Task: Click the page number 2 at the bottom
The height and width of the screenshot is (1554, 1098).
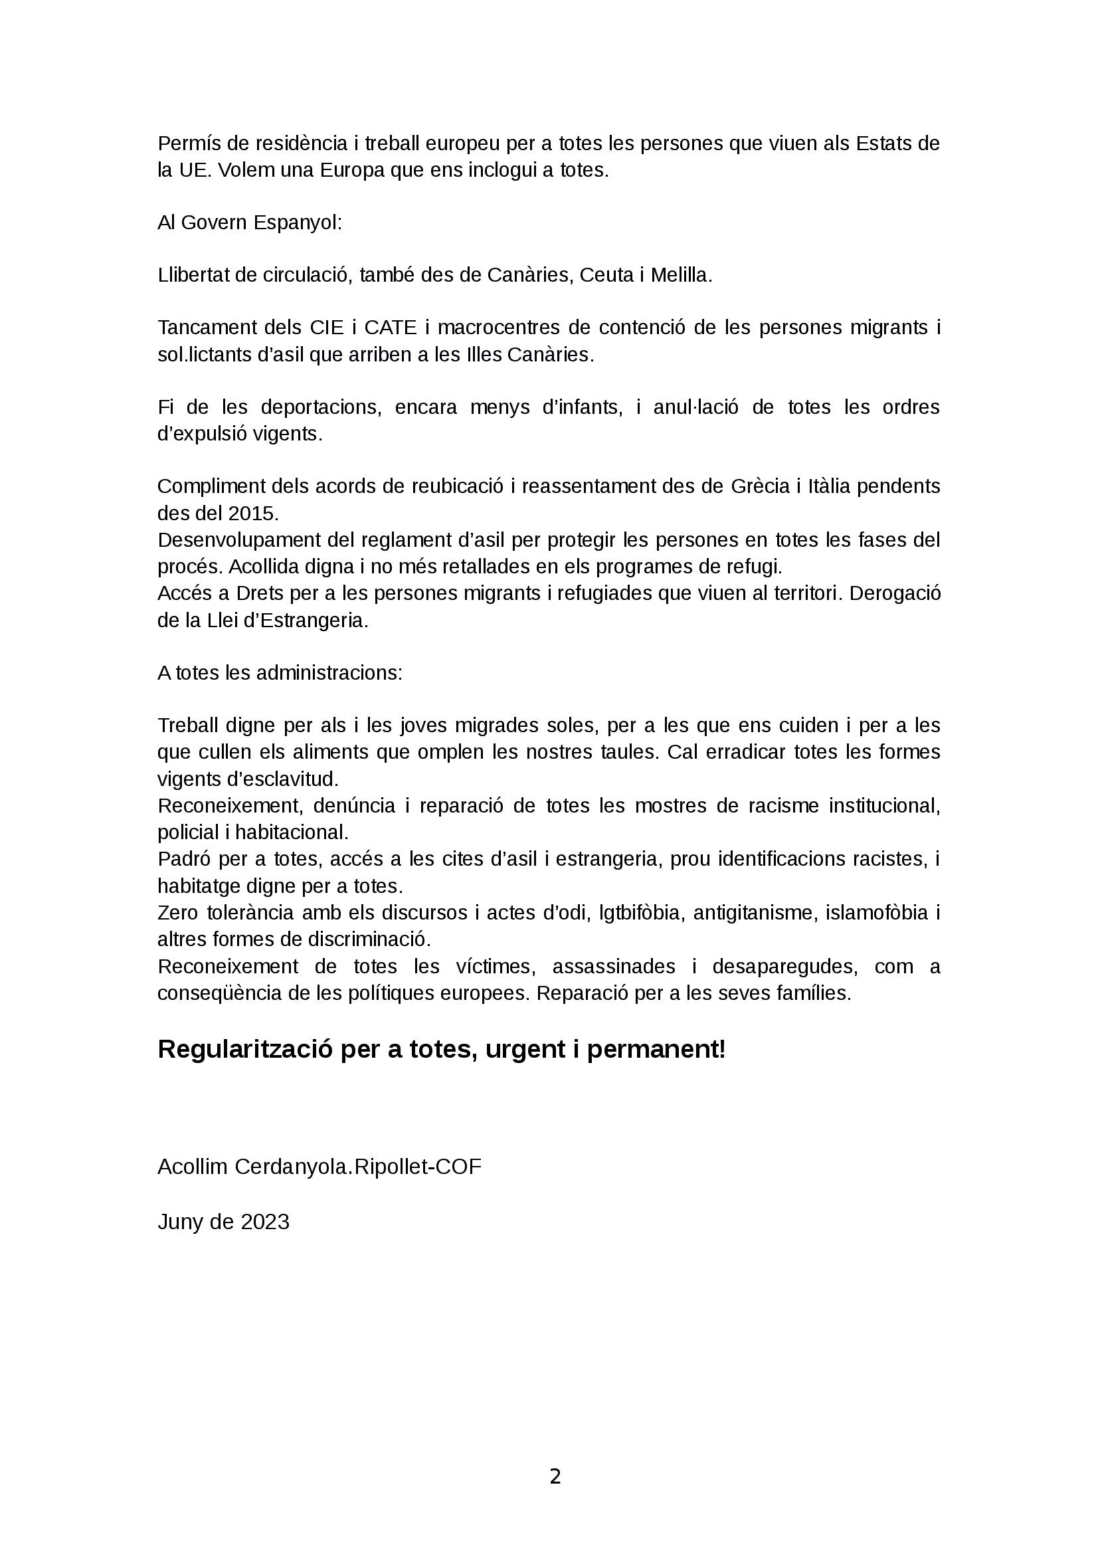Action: coord(555,1476)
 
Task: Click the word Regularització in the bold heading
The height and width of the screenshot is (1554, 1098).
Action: coord(244,1050)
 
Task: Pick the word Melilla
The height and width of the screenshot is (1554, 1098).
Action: coord(682,276)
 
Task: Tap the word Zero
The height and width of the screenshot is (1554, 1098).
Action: coord(178,913)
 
